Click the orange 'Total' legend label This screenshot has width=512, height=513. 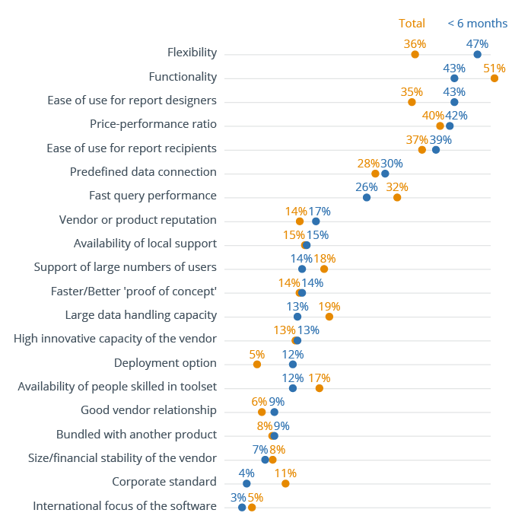(412, 24)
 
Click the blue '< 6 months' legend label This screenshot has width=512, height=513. (477, 24)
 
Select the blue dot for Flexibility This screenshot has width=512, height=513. (477, 54)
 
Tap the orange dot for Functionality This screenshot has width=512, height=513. (495, 78)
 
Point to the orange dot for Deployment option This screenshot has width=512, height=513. (257, 365)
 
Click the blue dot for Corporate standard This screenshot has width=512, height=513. (246, 483)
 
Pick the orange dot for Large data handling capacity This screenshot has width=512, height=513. (329, 317)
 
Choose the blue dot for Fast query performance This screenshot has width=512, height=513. (367, 197)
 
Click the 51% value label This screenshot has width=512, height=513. (495, 68)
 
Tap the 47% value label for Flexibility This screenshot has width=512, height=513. (477, 44)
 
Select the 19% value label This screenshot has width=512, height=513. (329, 307)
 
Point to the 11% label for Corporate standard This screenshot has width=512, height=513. (285, 473)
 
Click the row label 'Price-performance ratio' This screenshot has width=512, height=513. (153, 124)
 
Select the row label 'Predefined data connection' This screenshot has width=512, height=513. (143, 172)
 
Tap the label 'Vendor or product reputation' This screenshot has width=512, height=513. (138, 220)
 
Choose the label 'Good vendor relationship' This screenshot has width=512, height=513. (148, 410)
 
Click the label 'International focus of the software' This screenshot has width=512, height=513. (125, 505)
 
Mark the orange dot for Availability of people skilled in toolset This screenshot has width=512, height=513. (319, 388)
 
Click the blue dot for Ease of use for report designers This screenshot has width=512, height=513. (454, 102)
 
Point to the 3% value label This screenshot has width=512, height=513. (238, 497)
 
